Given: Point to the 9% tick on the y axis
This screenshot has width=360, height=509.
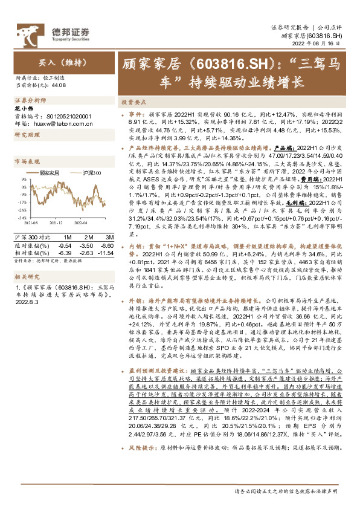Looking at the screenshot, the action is click(22, 179).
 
